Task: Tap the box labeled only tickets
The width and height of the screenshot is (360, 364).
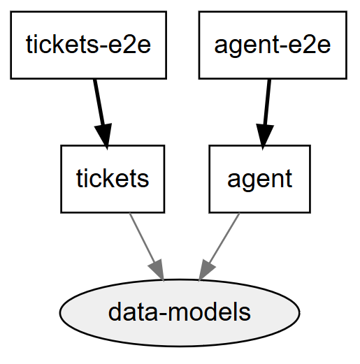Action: point(113,179)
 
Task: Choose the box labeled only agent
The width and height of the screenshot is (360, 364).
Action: point(259,179)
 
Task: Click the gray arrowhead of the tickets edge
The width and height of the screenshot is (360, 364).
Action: point(157,270)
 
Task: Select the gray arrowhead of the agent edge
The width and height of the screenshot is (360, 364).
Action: point(207,270)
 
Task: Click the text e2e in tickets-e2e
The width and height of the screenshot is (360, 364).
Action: point(131,45)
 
